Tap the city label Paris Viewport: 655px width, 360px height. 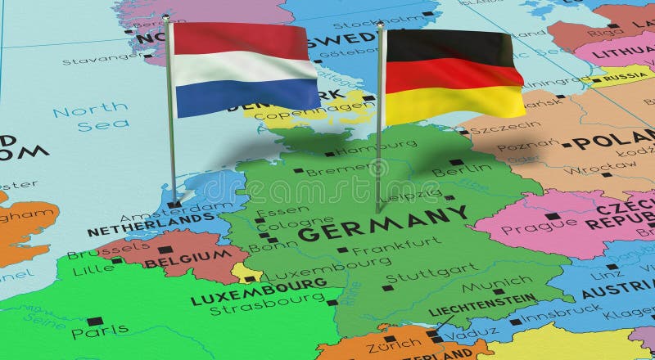pos(99,331)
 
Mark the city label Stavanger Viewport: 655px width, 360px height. pos(92,60)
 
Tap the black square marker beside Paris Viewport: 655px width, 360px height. pos(94,322)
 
